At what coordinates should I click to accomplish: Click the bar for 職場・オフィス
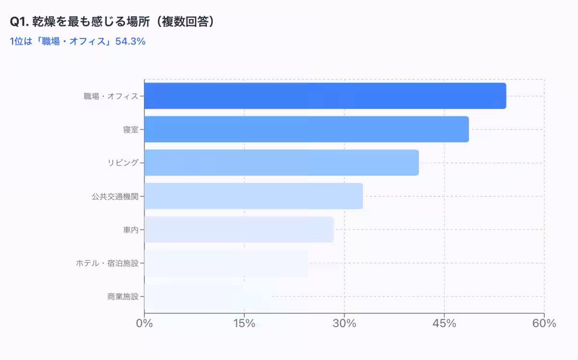325,96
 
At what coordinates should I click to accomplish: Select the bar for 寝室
306,129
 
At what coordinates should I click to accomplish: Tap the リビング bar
281,163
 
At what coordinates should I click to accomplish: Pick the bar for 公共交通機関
253,196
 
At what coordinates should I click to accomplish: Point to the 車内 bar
239,230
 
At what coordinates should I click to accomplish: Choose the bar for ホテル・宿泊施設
226,263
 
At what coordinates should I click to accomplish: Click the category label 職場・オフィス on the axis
111,96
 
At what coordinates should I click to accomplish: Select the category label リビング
123,163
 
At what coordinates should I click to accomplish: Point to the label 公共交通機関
115,196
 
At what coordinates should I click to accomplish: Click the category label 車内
131,230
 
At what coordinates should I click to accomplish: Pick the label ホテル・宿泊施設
107,263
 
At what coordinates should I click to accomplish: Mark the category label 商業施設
123,296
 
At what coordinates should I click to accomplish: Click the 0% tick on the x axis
144,323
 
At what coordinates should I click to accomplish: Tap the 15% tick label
244,323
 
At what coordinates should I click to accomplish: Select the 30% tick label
344,323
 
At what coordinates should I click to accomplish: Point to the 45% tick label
444,323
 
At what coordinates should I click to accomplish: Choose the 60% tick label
544,323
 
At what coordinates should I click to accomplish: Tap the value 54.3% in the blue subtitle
131,41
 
